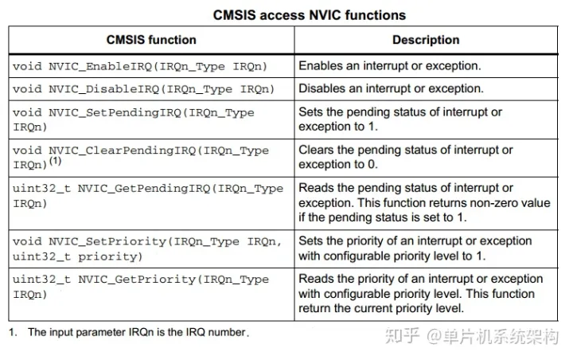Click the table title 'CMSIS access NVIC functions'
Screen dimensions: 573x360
click(x=309, y=15)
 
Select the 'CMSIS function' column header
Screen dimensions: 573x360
click(x=151, y=40)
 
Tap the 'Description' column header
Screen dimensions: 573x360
click(x=426, y=40)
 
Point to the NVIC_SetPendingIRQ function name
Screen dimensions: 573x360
click(x=115, y=112)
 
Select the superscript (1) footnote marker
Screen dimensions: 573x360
click(x=55, y=161)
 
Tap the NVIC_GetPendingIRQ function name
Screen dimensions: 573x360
click(x=144, y=189)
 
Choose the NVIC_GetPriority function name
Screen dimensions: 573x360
click(x=137, y=280)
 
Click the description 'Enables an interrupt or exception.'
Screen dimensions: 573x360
click(x=390, y=66)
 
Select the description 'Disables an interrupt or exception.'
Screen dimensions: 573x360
click(x=391, y=88)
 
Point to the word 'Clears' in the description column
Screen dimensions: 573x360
click(x=316, y=150)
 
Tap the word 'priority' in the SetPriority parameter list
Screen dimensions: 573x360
click(x=110, y=256)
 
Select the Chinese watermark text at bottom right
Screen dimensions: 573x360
click(x=472, y=336)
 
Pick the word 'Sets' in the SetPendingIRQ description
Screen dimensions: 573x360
click(x=310, y=112)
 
